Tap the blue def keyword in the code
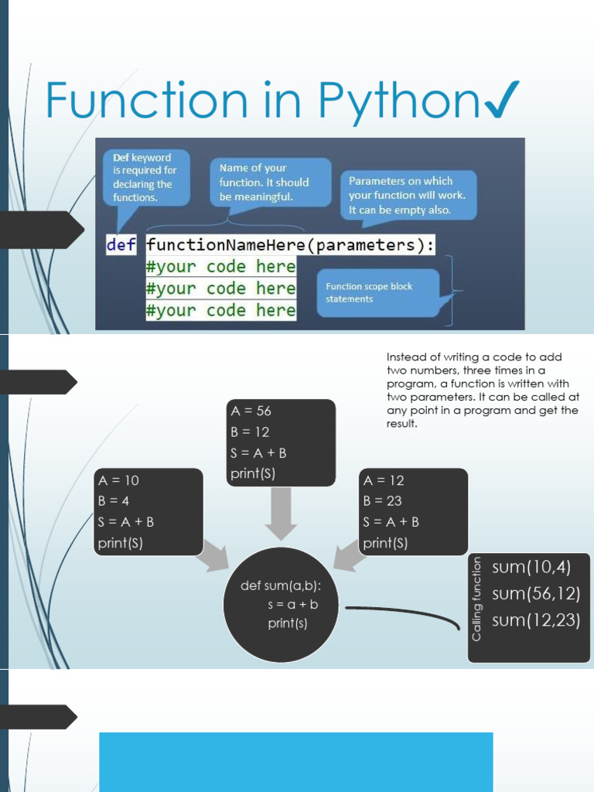120,245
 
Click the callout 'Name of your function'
269,182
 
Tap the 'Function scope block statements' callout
377,292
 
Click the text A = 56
251,411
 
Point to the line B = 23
382,501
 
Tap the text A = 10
118,480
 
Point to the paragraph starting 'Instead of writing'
481,390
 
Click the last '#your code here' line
220,310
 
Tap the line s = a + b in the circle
293,604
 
